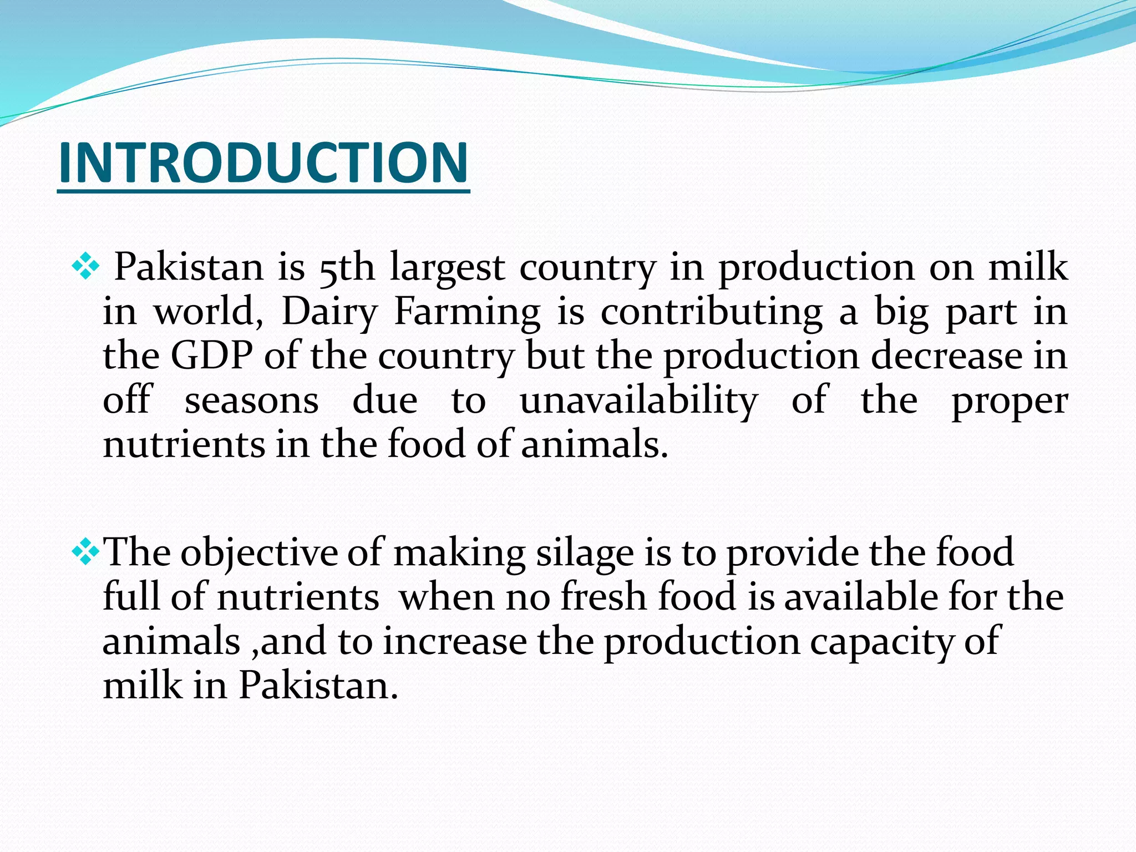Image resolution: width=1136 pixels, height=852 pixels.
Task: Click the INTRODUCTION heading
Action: (x=263, y=162)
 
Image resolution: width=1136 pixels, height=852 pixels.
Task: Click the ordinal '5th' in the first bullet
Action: (x=347, y=268)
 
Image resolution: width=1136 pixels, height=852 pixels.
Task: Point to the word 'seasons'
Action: (x=251, y=400)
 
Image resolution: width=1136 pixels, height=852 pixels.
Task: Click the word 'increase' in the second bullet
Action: (x=455, y=642)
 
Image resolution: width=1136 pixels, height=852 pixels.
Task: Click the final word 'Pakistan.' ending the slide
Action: (x=318, y=686)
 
